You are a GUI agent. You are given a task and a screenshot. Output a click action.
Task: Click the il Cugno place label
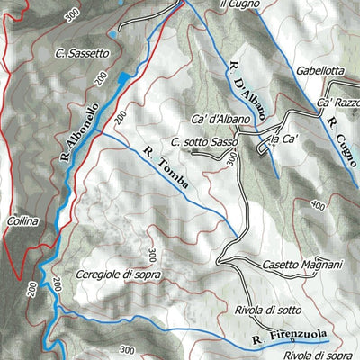(x=238, y=4)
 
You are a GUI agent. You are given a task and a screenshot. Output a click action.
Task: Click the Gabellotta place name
(x=320, y=68)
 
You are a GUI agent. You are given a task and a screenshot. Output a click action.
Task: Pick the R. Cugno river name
(x=342, y=137)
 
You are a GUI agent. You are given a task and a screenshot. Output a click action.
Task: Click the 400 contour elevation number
(x=316, y=206)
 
